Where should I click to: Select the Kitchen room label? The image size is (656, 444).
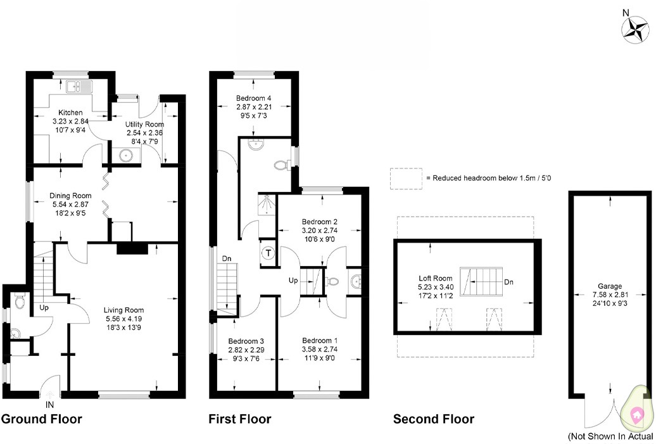[70, 112]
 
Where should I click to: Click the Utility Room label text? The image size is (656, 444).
[145, 124]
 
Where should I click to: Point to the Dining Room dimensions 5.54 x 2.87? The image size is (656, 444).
[70, 205]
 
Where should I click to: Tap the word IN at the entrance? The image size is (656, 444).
[51, 403]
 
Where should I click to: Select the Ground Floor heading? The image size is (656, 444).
[42, 419]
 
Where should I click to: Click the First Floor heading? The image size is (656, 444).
[240, 419]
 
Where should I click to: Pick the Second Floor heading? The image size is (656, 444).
[433, 419]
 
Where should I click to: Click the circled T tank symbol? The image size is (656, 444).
[268, 253]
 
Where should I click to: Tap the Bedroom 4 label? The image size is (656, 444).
[253, 98]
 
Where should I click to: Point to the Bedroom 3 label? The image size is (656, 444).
[245, 340]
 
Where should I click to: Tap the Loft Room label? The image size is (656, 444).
[436, 278]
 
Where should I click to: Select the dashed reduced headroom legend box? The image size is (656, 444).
[405, 179]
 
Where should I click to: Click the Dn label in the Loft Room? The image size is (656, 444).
[508, 282]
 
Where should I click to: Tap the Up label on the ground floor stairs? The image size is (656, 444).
[44, 307]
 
